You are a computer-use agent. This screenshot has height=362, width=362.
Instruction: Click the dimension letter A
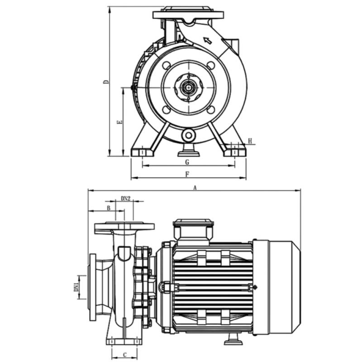point(195,187)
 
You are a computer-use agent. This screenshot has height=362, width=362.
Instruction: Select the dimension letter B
point(108,208)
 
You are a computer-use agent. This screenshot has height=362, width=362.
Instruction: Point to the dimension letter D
point(106,82)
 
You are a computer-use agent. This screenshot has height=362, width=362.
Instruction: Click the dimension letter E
point(119,122)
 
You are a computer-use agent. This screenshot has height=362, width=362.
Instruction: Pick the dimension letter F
point(187,174)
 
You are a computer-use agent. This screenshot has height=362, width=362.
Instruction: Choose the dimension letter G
point(187,162)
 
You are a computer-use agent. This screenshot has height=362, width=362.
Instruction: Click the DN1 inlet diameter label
point(77,286)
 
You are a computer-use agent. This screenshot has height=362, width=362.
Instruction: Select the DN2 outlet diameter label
point(126,199)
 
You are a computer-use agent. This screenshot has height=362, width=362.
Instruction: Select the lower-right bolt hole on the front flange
point(211,110)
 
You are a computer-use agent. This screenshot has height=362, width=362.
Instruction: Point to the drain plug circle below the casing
point(188,135)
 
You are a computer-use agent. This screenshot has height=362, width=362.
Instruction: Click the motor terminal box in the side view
point(192,230)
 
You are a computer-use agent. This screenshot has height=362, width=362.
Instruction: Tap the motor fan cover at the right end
point(276,287)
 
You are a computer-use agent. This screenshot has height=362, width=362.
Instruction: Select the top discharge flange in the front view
point(188,14)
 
